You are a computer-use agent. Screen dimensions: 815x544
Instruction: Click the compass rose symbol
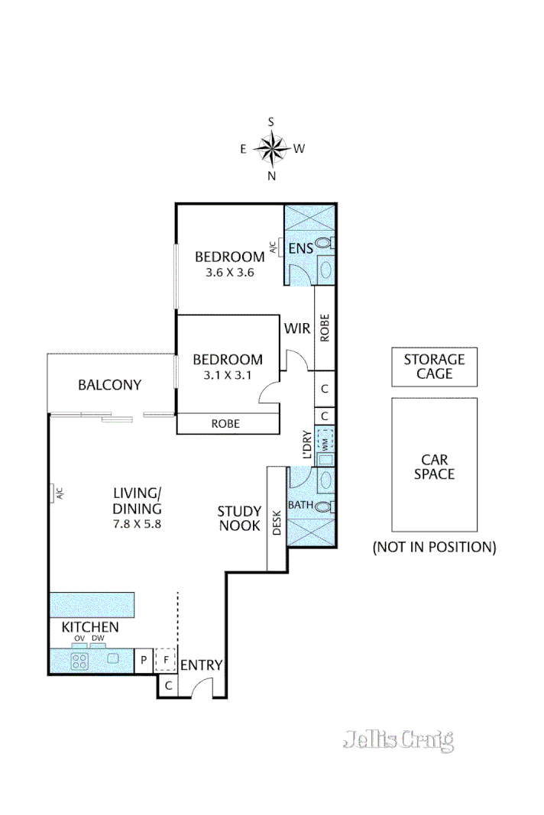tap(271, 149)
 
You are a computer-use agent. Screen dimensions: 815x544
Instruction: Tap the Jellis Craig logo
tap(398, 740)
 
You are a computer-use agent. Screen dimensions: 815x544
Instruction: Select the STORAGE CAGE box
tap(434, 367)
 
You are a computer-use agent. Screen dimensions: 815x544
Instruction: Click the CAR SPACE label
tap(434, 467)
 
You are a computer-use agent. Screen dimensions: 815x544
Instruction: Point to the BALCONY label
tap(109, 385)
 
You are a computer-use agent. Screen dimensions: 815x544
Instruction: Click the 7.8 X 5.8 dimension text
tap(138, 525)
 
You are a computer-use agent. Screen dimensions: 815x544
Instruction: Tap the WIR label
tap(296, 329)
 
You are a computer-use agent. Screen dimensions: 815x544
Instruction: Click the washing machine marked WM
tap(325, 441)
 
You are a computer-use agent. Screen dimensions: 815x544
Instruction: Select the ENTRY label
tap(201, 666)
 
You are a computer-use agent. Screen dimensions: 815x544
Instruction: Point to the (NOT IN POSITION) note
tap(434, 547)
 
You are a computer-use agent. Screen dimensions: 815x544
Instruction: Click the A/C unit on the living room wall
tap(57, 493)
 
